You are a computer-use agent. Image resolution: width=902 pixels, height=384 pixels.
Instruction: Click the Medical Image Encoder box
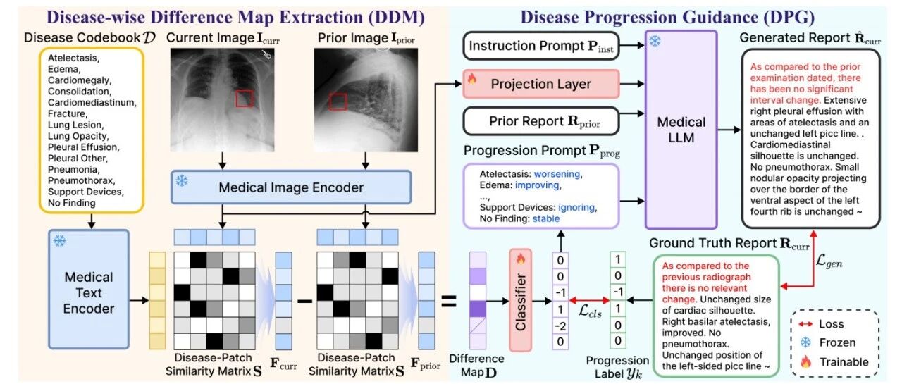coord(291,187)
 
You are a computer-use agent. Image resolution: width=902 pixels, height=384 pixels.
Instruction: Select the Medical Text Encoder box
coord(89,289)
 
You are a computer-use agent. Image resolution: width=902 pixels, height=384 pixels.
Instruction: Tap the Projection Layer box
coord(540,84)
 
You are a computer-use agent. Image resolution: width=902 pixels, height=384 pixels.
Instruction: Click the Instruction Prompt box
coord(540,46)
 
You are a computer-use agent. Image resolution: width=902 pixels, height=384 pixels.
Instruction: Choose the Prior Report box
coord(540,120)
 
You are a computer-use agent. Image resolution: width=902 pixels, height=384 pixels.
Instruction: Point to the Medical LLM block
coord(681,130)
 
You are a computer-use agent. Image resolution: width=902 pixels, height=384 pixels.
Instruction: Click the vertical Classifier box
coord(520,300)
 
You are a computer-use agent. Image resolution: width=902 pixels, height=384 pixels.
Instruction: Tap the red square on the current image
coord(244,99)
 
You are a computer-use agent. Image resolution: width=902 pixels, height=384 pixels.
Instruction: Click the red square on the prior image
coord(338,101)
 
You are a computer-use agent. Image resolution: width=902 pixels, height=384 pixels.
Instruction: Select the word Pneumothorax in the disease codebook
coord(81,180)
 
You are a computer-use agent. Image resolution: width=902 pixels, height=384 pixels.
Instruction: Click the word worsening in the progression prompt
coord(557,174)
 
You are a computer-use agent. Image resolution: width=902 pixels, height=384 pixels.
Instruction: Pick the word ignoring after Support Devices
coord(576,207)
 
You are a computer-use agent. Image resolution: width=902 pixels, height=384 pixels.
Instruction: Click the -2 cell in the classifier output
coord(560,326)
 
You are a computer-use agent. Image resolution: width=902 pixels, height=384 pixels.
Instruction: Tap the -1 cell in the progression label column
coord(618,292)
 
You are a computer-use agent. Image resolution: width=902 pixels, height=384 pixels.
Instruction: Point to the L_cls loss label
coord(590,311)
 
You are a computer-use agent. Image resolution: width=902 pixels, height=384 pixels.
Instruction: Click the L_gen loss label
coord(829,261)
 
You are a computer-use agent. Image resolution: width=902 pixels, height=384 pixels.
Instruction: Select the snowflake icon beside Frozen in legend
coord(805,342)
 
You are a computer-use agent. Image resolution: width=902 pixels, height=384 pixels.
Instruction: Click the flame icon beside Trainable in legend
coord(805,361)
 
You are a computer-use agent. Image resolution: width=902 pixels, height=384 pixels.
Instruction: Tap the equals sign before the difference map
coord(449,301)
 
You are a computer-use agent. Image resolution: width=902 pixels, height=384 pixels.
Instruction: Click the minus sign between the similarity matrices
coord(305,301)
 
